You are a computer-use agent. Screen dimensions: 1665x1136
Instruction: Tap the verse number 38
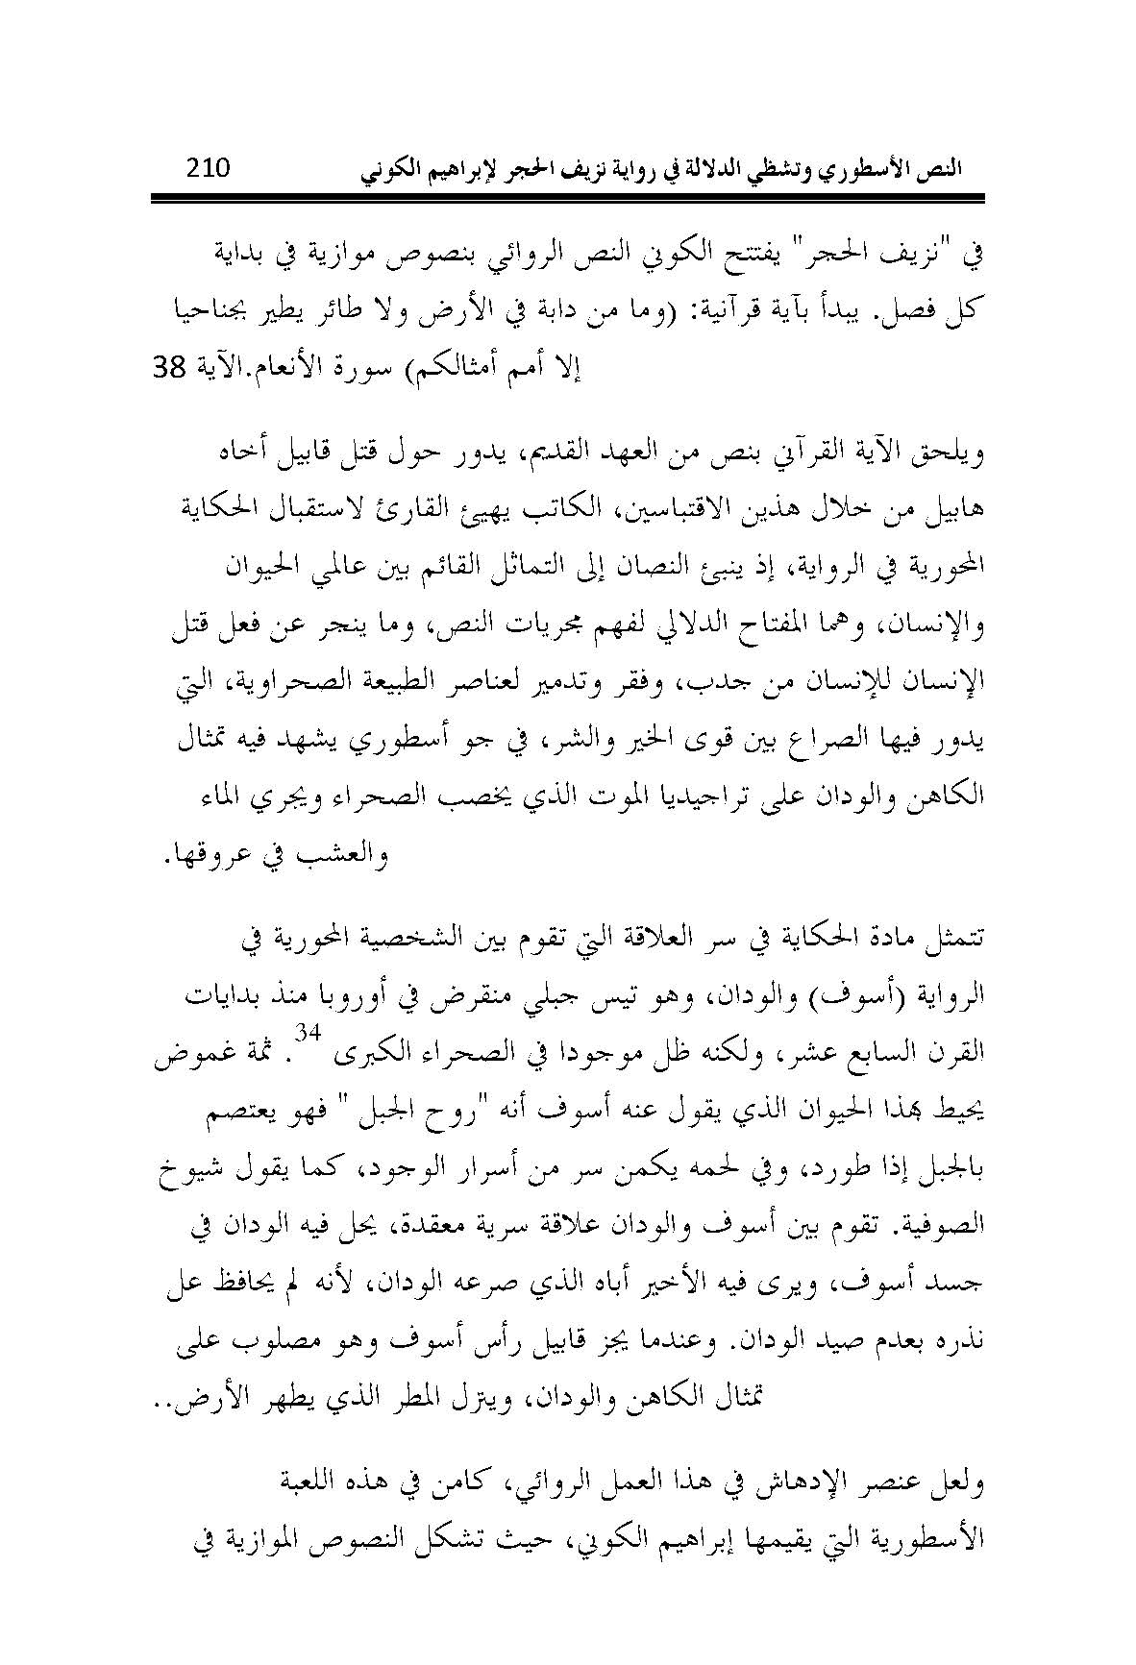(x=170, y=368)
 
